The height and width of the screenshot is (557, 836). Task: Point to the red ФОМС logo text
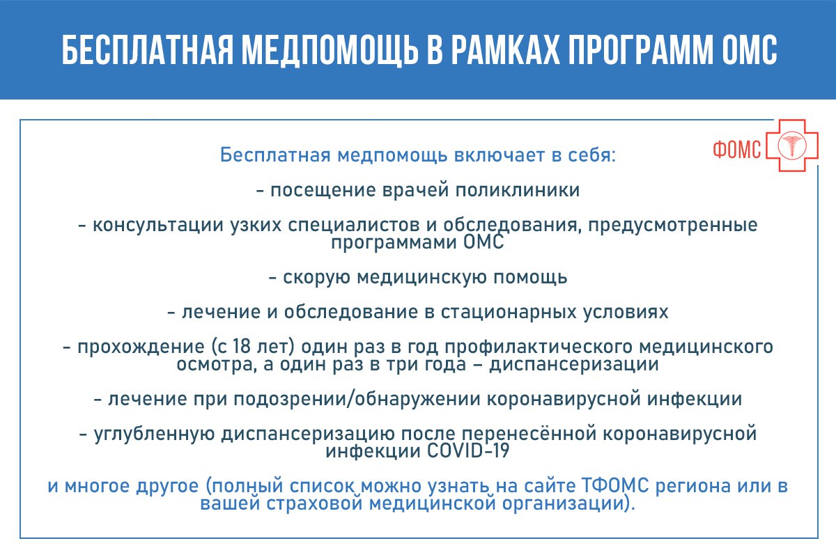point(737,150)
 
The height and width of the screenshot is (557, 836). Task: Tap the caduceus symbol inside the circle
point(792,146)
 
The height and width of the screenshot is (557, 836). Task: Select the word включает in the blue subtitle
point(499,155)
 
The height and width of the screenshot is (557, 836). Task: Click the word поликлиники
point(517,190)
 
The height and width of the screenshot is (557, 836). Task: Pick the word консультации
point(158,226)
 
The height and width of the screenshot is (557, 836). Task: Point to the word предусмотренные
point(673,226)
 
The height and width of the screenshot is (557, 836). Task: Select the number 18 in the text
point(241,347)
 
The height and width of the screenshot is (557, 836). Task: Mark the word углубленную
point(154,434)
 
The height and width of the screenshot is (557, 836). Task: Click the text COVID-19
point(468,451)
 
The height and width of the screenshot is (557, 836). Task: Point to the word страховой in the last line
point(315,503)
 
